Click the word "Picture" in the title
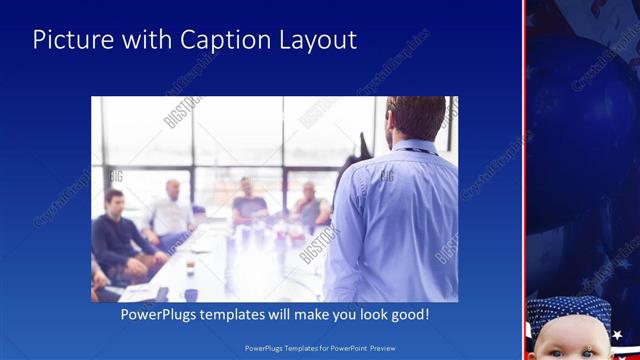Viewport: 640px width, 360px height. [x=70, y=40]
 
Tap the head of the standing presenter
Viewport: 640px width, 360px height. [x=414, y=118]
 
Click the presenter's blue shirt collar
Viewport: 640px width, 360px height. [x=412, y=148]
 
